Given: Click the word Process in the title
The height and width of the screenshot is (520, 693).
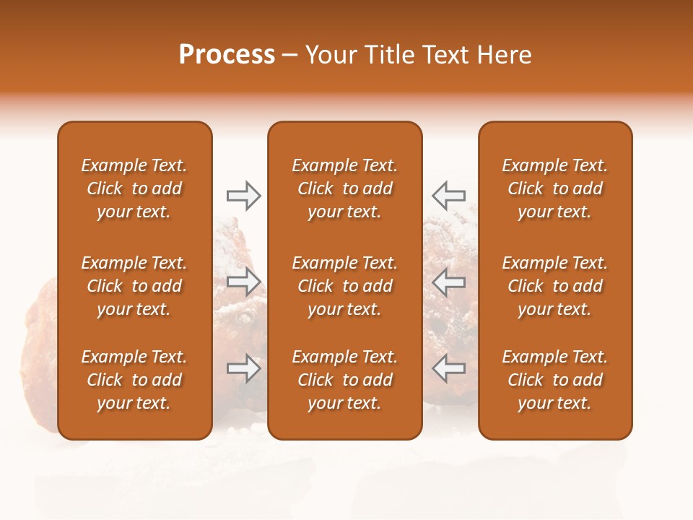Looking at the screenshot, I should [227, 55].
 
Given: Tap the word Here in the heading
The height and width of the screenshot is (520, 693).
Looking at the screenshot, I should [505, 55].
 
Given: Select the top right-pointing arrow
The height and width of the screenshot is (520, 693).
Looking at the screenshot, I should [243, 196].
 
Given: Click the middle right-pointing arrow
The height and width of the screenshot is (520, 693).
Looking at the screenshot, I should [243, 282].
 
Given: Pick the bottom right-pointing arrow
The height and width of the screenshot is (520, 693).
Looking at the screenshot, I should [243, 368].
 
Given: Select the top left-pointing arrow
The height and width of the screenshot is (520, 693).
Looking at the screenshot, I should [448, 196].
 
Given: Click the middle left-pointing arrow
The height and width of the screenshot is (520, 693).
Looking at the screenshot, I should [448, 282].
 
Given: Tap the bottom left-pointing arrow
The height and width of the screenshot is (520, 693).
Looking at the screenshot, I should [448, 368].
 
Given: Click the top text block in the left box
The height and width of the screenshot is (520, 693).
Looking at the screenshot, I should [134, 188].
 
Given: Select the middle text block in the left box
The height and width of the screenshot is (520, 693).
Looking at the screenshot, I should [134, 286].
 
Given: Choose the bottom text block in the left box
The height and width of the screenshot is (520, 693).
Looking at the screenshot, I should [134, 380].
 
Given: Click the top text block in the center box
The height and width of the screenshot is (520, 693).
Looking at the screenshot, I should [344, 188].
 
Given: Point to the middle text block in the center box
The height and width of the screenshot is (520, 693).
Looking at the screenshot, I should [344, 286].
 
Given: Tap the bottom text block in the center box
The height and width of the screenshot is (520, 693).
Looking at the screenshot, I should [344, 380].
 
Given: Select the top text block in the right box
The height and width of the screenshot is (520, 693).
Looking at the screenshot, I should [554, 188].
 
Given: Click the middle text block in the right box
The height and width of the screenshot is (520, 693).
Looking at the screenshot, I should [554, 286].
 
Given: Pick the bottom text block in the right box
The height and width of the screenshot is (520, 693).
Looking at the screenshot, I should [554, 380].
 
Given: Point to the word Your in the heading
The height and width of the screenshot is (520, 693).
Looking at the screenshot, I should [329, 55].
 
